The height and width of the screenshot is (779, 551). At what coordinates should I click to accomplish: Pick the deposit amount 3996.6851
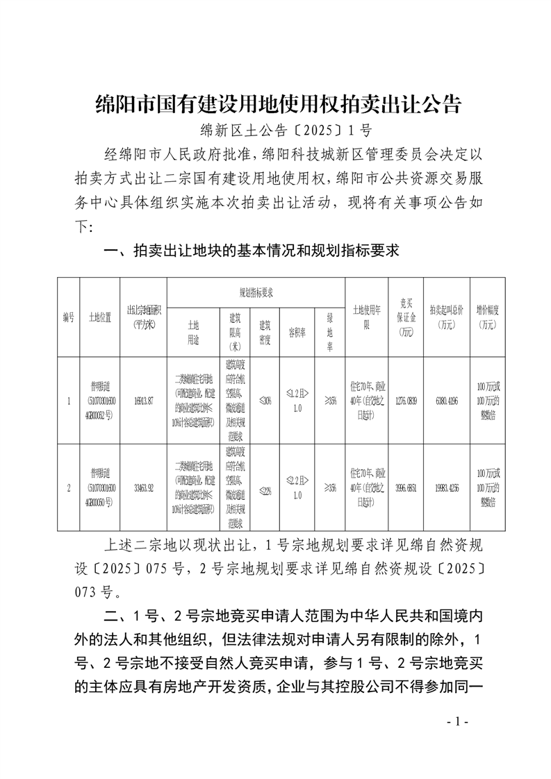(406, 488)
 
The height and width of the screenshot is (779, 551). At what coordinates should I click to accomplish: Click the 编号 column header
(68, 317)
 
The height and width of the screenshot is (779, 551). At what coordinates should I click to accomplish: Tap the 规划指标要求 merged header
(256, 293)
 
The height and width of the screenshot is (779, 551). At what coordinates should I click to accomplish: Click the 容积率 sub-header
(297, 332)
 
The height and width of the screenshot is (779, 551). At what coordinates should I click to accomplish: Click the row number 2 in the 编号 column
(68, 488)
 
